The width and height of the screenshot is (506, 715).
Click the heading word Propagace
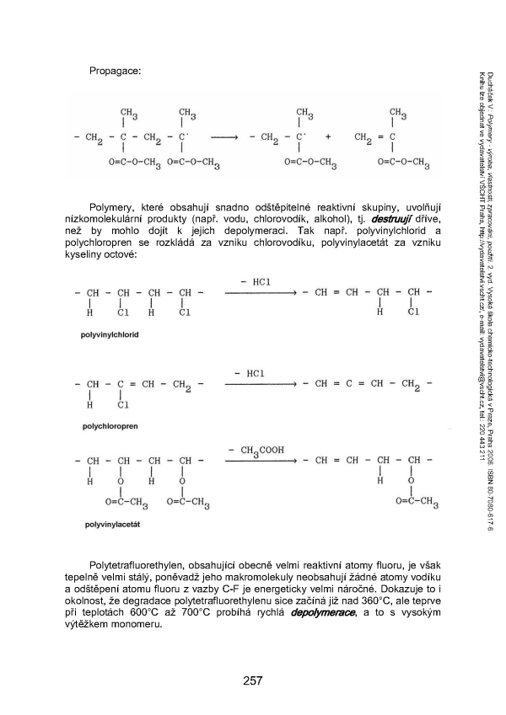pyautogui.click(x=114, y=70)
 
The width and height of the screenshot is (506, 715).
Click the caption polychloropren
pyautogui.click(x=110, y=427)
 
